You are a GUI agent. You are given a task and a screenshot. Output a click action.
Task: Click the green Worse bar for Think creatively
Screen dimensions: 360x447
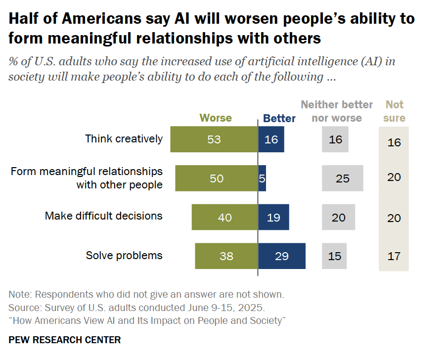pyautogui.click(x=214, y=139)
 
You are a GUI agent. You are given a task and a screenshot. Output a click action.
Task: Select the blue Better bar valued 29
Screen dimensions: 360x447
pyautogui.click(x=282, y=256)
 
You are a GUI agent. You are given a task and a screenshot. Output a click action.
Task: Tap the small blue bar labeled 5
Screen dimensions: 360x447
pyautogui.click(x=262, y=179)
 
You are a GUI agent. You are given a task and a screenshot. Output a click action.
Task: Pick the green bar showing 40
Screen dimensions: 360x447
pyautogui.click(x=225, y=218)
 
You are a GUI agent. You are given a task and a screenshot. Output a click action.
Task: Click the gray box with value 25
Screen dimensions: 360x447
pyautogui.click(x=343, y=179)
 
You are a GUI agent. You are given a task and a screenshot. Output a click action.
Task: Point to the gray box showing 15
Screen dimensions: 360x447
pyautogui.click(x=335, y=256)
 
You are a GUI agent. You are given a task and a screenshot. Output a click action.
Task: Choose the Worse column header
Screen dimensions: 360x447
pyautogui.click(x=216, y=118)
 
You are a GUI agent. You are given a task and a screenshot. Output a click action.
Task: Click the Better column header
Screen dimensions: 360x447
pyautogui.click(x=279, y=119)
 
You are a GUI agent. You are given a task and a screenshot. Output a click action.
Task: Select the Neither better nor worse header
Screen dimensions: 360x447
pyautogui.click(x=337, y=111)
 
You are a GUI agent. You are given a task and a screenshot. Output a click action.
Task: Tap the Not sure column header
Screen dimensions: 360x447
pyautogui.click(x=395, y=111)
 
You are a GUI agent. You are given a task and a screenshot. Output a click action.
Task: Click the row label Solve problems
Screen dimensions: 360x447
pyautogui.click(x=124, y=256)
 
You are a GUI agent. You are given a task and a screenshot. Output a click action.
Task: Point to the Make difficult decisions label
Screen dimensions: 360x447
pyautogui.click(x=104, y=216)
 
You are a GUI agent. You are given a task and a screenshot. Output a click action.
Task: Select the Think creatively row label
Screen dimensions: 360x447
pyautogui.click(x=124, y=138)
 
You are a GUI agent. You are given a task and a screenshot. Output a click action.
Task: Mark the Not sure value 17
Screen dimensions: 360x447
pyautogui.click(x=394, y=256)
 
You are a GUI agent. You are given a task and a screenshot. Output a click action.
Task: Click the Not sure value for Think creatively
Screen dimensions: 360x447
pyautogui.click(x=394, y=143)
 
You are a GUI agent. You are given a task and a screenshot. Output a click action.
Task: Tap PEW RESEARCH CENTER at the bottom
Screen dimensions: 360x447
pyautogui.click(x=65, y=340)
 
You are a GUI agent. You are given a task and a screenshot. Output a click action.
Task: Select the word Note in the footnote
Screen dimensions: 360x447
pyautogui.click(x=19, y=295)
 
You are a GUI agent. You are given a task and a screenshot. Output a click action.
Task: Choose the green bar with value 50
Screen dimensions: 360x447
pyautogui.click(x=217, y=179)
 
